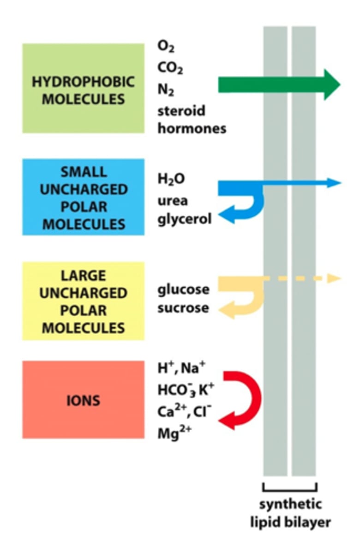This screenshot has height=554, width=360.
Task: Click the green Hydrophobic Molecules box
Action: coord(83,88)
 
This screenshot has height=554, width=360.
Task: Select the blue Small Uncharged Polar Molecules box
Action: coord(83,197)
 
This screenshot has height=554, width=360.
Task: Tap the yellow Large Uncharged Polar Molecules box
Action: coord(83,301)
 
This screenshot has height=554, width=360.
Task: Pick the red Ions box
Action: coord(83,399)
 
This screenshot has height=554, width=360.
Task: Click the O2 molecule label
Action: coord(167,47)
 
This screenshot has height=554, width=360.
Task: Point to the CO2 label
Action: coord(170,68)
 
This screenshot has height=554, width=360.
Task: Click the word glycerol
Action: coord(185,219)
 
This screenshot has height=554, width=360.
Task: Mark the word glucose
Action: coord(183,290)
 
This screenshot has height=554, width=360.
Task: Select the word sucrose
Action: coord(183,307)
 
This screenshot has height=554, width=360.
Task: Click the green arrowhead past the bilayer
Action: coord(331,85)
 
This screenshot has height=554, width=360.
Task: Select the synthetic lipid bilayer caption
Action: coord(290,513)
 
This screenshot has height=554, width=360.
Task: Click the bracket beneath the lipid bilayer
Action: coord(289,488)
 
